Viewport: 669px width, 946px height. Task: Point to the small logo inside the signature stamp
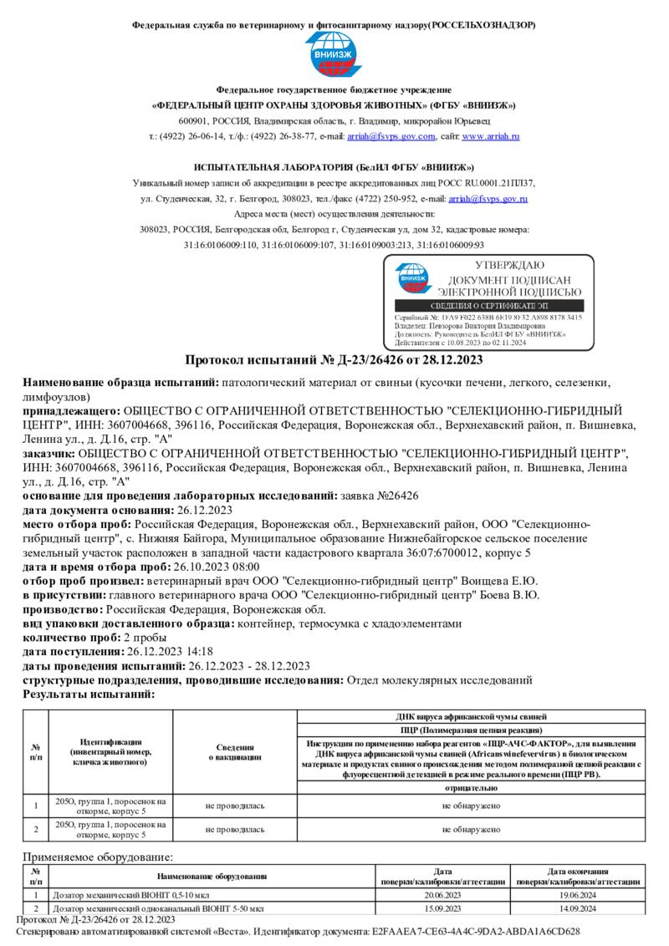pyautogui.click(x=411, y=278)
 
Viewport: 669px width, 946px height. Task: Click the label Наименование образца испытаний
pyautogui.click(x=120, y=383)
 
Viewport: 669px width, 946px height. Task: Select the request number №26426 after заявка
pyautogui.click(x=380, y=496)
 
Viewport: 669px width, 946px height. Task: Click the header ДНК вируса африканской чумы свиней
pyautogui.click(x=472, y=717)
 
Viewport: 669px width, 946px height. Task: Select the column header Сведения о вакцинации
pyautogui.click(x=235, y=752)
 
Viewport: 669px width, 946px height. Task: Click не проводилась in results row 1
pyautogui.click(x=235, y=806)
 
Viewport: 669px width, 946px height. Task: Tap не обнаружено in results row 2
pyautogui.click(x=472, y=830)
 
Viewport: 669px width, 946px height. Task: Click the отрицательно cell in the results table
pyautogui.click(x=472, y=788)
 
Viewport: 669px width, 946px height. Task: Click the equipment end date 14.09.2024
pyautogui.click(x=578, y=908)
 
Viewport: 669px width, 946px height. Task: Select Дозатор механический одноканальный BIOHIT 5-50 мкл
pyautogui.click(x=158, y=908)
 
